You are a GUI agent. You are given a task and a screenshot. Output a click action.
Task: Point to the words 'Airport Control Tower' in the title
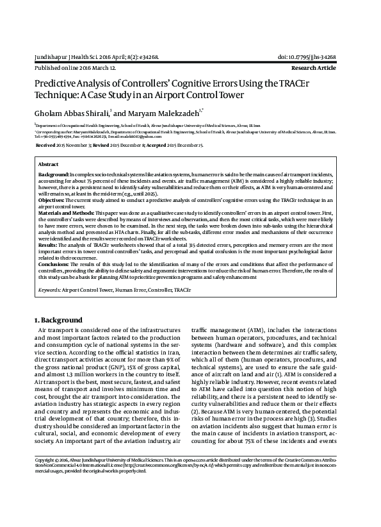point(193,95)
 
